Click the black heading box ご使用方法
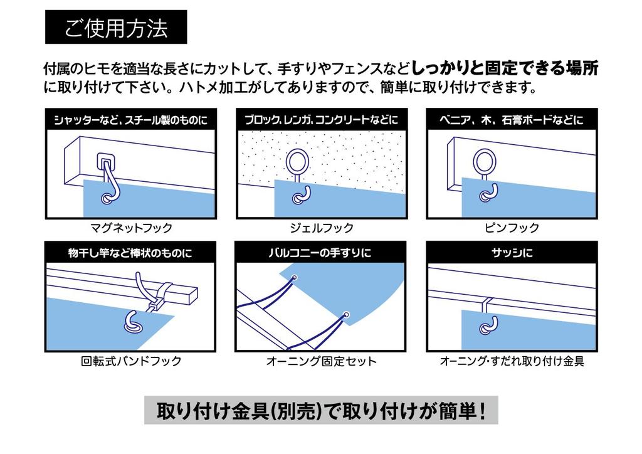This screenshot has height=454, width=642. [x=116, y=27]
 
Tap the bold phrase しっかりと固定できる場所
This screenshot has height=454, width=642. [x=505, y=67]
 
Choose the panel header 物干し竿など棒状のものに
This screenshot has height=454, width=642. [x=130, y=253]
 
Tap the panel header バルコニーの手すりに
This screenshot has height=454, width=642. [x=321, y=253]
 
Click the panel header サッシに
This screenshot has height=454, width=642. [x=512, y=253]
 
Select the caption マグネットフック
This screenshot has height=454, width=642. [x=130, y=228]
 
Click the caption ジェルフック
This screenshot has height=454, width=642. [x=321, y=228]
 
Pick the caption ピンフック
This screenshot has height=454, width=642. [x=512, y=228]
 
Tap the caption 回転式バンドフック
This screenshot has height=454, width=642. [x=130, y=361]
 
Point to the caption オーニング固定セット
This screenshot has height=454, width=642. [x=321, y=361]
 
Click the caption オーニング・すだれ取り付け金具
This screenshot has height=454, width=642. [x=512, y=361]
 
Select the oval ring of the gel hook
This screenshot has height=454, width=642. [x=297, y=163]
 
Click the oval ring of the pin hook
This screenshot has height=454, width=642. [x=486, y=163]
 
